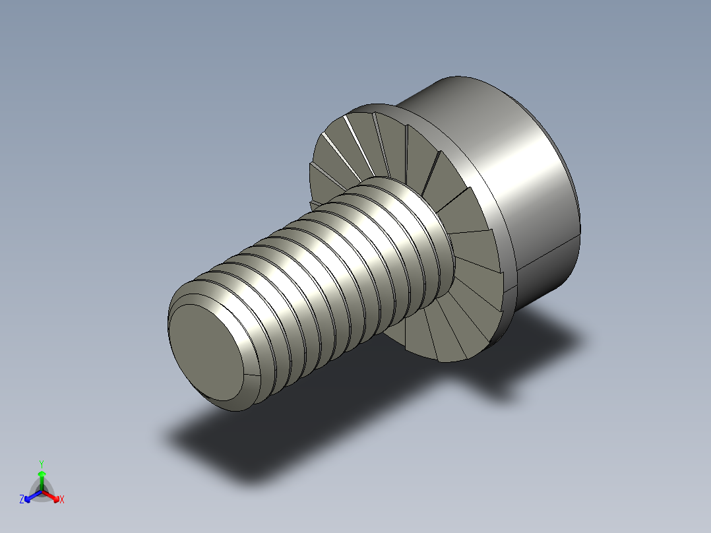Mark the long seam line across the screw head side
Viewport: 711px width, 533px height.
coord(547,253)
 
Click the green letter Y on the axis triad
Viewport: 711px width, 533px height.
coord(42,464)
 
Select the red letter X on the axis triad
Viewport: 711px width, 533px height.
coord(62,500)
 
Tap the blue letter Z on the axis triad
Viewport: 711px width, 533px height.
coord(22,500)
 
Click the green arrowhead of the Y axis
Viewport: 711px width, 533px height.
coord(42,474)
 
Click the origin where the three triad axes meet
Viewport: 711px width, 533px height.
coord(42,491)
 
